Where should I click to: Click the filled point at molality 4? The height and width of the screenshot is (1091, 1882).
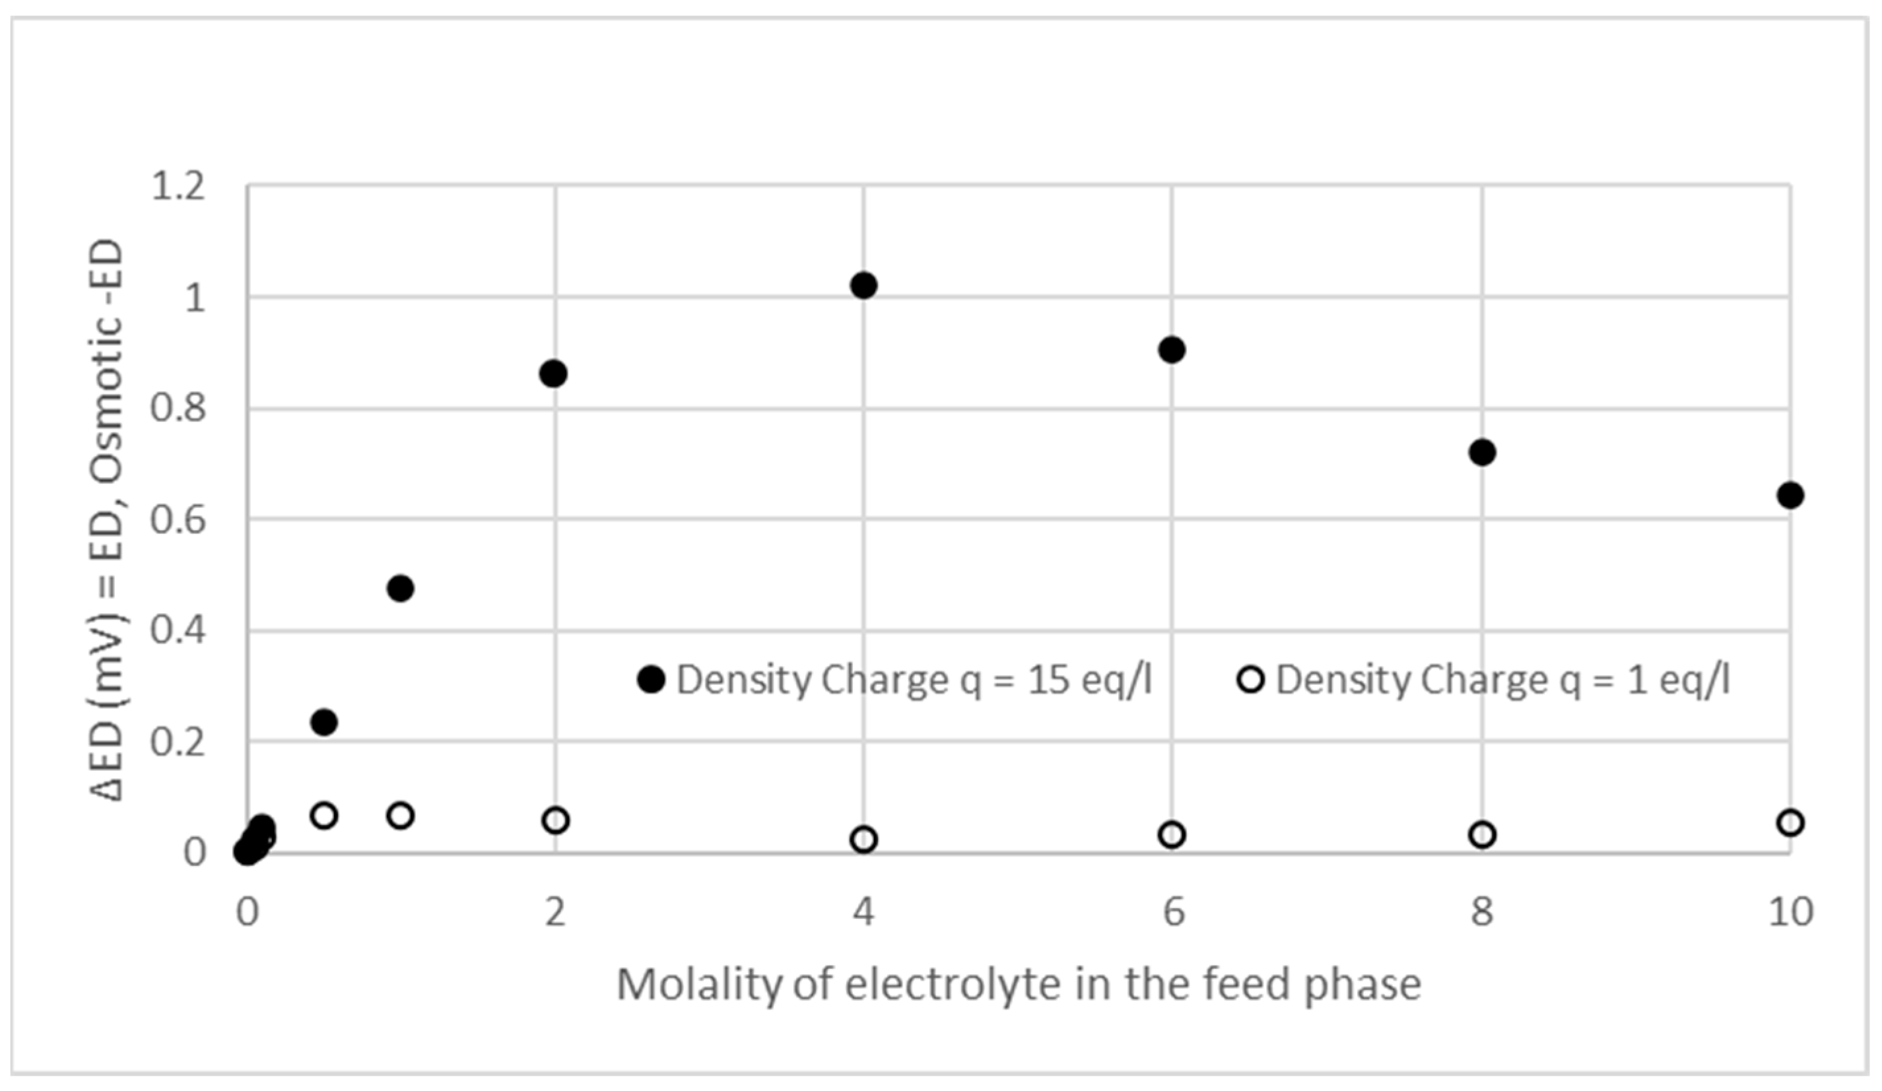[x=863, y=284]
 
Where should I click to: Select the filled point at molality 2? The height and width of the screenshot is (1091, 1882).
[x=553, y=374]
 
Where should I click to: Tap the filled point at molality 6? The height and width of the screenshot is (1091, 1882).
[x=1172, y=350]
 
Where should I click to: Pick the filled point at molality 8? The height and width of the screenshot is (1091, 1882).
[x=1482, y=452]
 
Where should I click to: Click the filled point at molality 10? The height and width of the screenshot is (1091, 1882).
[x=1790, y=495]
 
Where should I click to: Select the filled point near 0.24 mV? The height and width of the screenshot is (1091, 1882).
[x=323, y=722]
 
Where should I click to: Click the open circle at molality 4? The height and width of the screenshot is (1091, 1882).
[x=863, y=840]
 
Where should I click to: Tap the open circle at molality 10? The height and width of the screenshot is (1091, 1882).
[x=1790, y=823]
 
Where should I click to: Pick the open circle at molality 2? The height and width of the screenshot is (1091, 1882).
[x=556, y=820]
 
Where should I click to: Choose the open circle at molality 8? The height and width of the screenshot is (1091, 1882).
[x=1482, y=835]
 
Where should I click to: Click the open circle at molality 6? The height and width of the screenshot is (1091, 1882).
[x=1172, y=835]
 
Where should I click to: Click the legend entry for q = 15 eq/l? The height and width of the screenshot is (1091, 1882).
[x=896, y=680]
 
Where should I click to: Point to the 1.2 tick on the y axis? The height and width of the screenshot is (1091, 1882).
[x=178, y=186]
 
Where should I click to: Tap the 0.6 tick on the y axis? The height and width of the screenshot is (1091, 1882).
[x=178, y=519]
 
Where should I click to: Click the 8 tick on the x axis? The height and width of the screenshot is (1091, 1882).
[x=1482, y=911]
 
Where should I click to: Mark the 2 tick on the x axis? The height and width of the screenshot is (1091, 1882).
[x=555, y=911]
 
